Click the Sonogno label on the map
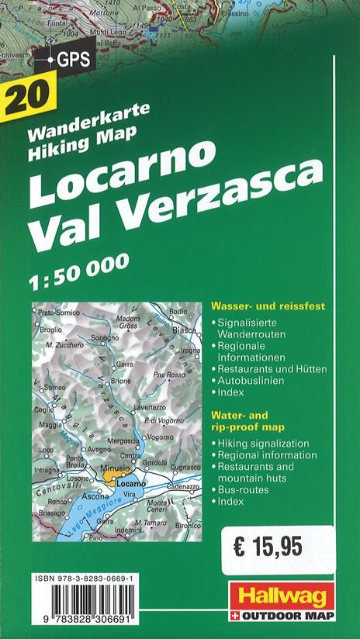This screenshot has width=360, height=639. pyautogui.click(x=105, y=338)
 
